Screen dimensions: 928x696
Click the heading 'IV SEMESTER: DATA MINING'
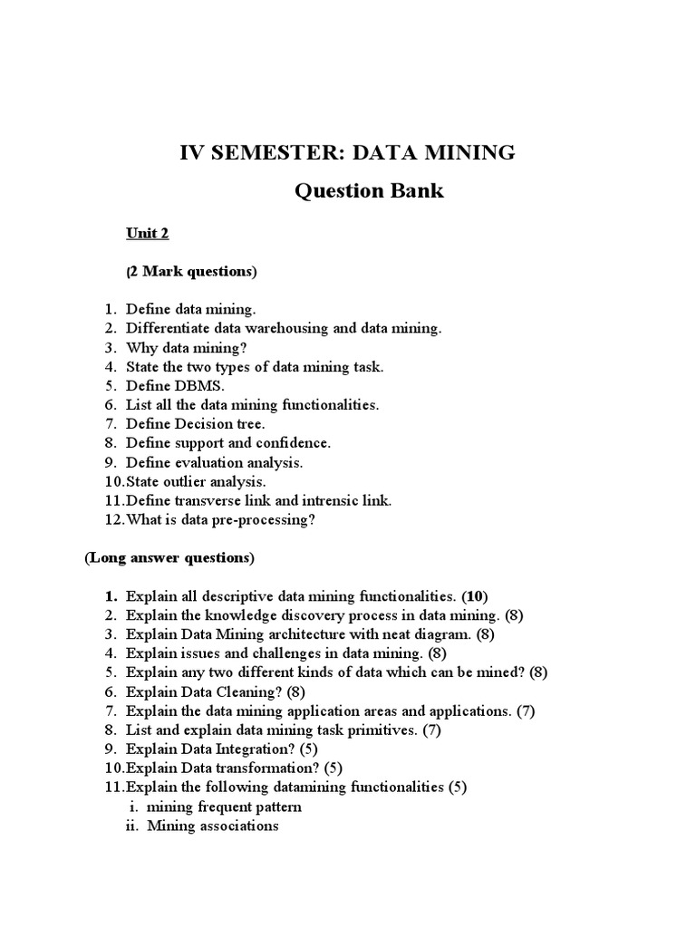coord(348,152)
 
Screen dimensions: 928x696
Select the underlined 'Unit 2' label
coord(147,233)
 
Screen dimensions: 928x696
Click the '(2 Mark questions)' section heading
coord(191,271)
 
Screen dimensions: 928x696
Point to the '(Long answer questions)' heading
coord(169,557)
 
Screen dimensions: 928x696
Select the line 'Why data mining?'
coord(186,347)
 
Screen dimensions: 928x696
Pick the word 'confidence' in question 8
coord(296,442)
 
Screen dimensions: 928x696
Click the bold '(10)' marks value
coord(475,596)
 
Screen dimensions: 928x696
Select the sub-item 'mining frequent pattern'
coord(224,806)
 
